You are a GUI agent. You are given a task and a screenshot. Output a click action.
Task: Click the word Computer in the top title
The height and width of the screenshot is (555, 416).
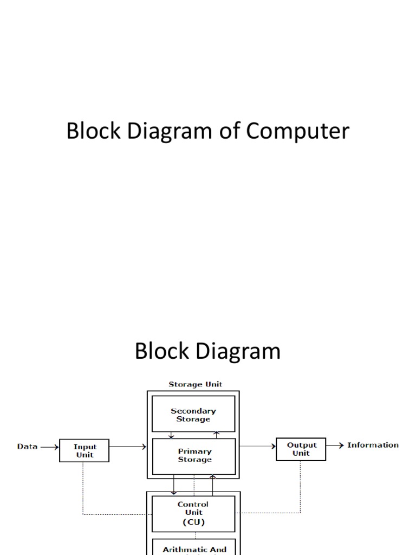(298, 132)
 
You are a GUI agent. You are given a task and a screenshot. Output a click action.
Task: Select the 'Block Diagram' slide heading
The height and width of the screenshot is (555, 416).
(207, 351)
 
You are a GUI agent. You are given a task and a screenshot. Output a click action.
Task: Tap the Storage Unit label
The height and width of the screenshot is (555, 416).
(195, 384)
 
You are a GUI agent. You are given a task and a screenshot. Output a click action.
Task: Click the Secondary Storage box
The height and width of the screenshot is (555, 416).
(193, 415)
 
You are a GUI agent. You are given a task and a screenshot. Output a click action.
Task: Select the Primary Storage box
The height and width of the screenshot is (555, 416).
(194, 455)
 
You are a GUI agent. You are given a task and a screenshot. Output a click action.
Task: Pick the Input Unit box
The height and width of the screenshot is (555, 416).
(84, 451)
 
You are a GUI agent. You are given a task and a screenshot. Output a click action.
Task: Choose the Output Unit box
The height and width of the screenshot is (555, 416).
(301, 449)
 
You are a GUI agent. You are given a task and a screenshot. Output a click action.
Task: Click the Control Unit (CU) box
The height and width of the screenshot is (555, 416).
(193, 513)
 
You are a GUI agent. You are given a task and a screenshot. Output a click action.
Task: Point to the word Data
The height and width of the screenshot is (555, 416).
(27, 447)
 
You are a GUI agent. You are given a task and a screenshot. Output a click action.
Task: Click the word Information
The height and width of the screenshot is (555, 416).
(373, 446)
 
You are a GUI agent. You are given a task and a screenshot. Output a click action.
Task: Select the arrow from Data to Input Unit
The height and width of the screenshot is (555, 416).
(49, 447)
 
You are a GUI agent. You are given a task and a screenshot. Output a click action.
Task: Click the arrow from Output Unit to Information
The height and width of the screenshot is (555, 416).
(335, 446)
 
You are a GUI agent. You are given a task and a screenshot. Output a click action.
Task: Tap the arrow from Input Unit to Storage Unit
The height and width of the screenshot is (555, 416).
(128, 447)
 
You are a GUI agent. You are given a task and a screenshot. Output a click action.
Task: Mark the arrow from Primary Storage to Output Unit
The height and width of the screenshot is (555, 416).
(257, 446)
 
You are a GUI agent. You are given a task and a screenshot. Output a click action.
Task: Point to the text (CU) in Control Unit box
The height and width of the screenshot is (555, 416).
(193, 522)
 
